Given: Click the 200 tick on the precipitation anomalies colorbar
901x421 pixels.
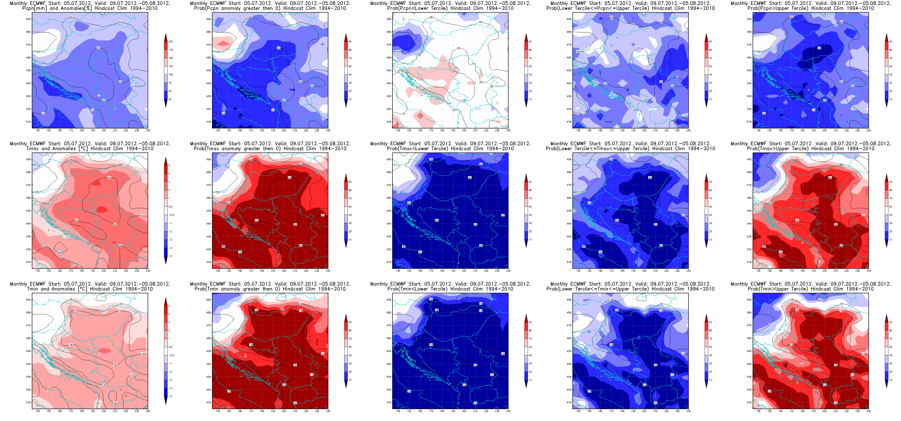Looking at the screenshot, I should click(x=171, y=42).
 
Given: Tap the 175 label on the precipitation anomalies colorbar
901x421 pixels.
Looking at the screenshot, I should click(x=171, y=50).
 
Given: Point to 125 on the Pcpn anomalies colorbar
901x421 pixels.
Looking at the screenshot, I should click(x=171, y=66).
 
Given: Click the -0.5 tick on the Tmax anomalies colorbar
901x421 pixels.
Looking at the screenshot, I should click(x=171, y=215).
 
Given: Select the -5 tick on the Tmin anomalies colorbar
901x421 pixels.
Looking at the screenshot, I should click(x=170, y=396).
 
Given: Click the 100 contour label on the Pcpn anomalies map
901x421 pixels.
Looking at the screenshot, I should click(x=37, y=52).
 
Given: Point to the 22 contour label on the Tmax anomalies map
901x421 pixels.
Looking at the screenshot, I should click(x=37, y=192).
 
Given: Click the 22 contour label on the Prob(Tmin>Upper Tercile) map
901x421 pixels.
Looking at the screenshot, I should click(x=769, y=391).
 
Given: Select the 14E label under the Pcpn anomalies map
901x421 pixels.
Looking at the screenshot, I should click(x=38, y=131).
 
